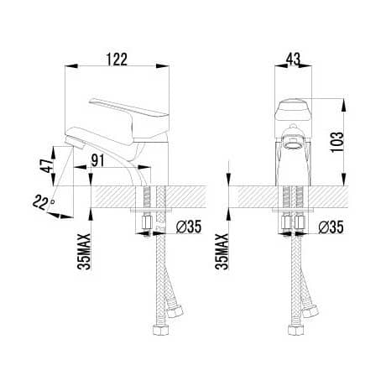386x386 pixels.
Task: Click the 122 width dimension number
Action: click(x=117, y=59)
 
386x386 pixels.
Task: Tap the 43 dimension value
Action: click(x=293, y=59)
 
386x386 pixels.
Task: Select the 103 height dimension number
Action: click(x=336, y=142)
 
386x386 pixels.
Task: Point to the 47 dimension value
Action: click(x=46, y=165)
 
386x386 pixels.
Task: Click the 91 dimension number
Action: click(x=97, y=160)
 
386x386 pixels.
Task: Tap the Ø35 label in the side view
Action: click(x=189, y=227)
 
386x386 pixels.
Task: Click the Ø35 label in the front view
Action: click(x=331, y=227)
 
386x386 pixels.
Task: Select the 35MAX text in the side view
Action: click(x=84, y=252)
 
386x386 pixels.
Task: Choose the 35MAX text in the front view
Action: click(x=222, y=252)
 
